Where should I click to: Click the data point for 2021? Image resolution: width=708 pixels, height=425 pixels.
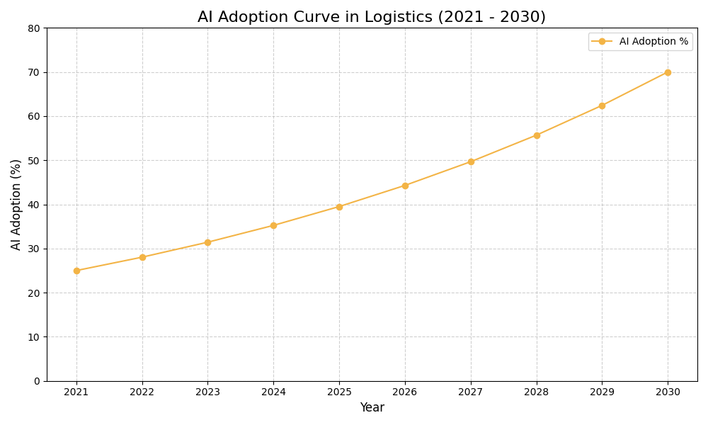pyautogui.click(x=76, y=271)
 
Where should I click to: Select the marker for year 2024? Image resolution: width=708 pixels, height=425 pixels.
pyautogui.click(x=273, y=225)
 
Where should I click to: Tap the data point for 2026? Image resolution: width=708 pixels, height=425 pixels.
pyautogui.click(x=405, y=186)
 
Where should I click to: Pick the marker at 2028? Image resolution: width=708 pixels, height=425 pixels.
pyautogui.click(x=537, y=135)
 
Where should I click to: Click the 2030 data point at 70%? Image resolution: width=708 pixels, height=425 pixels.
pyautogui.click(x=668, y=72)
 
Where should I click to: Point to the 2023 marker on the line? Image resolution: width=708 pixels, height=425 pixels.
pyautogui.click(x=207, y=242)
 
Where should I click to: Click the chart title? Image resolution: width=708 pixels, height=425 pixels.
pyautogui.click(x=372, y=17)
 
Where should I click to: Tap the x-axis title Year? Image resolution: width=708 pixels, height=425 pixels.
pyautogui.click(x=372, y=408)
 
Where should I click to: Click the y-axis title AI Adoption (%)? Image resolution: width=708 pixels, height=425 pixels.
pyautogui.click(x=16, y=204)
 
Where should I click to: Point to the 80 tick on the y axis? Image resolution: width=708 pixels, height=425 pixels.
pyautogui.click(x=34, y=28)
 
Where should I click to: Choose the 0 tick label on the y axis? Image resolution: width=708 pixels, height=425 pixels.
pyautogui.click(x=37, y=381)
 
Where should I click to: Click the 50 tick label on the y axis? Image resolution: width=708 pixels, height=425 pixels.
pyautogui.click(x=34, y=161)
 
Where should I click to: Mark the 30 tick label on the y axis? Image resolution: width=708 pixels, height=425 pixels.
pyautogui.click(x=34, y=249)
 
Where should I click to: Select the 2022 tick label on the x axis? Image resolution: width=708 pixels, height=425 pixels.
pyautogui.click(x=142, y=392)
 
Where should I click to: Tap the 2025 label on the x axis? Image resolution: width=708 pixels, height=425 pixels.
pyautogui.click(x=339, y=392)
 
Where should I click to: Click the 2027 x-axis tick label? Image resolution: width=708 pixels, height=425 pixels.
pyautogui.click(x=471, y=392)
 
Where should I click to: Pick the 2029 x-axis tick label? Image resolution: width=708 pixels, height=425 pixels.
pyautogui.click(x=602, y=392)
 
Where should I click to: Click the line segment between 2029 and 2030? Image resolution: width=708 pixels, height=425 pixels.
pyautogui.click(x=635, y=89)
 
